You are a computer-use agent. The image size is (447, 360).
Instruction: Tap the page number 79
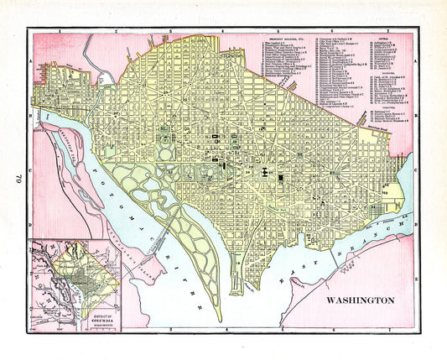(x=14, y=177)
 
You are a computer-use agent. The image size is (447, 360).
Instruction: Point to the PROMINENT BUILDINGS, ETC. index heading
(x=277, y=38)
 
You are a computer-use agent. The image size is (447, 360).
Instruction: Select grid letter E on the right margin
(x=418, y=275)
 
